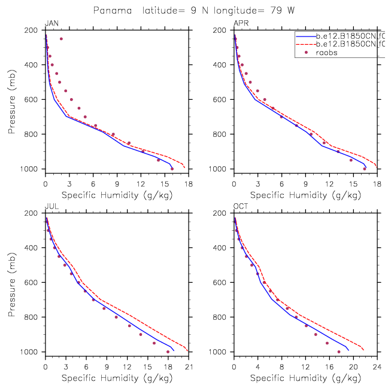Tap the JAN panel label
tap(51, 24)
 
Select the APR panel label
tap(240, 24)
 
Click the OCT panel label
tap(241, 207)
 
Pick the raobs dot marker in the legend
tap(306, 53)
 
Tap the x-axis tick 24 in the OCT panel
tap(377, 360)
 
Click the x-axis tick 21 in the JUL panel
tap(189, 360)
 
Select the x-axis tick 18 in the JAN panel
tap(189, 178)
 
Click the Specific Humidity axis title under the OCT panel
tap(305, 378)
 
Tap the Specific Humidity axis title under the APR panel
tap(305, 195)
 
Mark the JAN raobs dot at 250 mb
tap(61, 39)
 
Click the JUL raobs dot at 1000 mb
tap(168, 352)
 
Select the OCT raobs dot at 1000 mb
tap(338, 352)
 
